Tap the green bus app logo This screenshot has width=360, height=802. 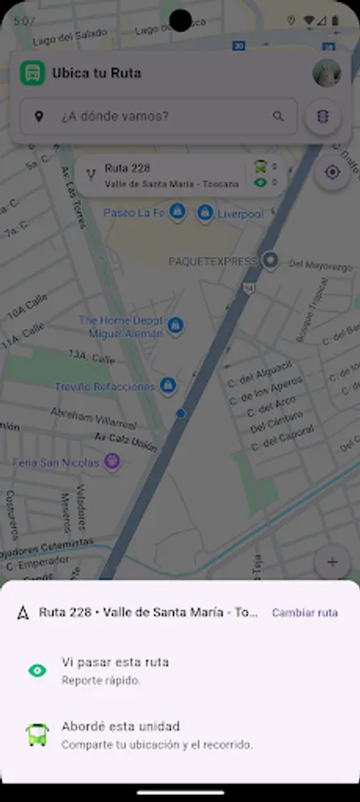point(32,73)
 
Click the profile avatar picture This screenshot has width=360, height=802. point(327,73)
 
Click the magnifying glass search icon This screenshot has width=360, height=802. point(278,116)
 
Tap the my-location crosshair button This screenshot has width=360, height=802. point(332,172)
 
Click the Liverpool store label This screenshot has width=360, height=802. point(240,214)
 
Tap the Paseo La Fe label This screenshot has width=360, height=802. point(134,213)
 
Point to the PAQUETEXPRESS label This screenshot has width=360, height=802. point(212,261)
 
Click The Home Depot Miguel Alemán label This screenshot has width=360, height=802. point(121,326)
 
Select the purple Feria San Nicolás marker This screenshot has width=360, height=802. point(111,461)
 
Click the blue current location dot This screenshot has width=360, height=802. point(181,413)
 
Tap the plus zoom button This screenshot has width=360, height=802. point(332,562)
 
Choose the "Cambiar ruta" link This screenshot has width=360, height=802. point(305,612)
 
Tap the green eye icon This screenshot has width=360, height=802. point(37,670)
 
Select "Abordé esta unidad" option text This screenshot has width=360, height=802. point(120,726)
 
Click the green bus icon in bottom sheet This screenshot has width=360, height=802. point(37,734)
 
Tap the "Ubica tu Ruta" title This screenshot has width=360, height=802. point(96,73)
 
